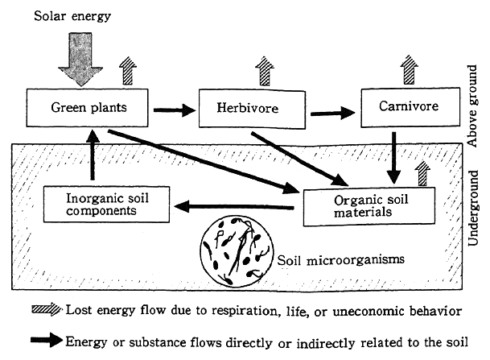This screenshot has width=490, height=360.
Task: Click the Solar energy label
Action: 59,17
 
